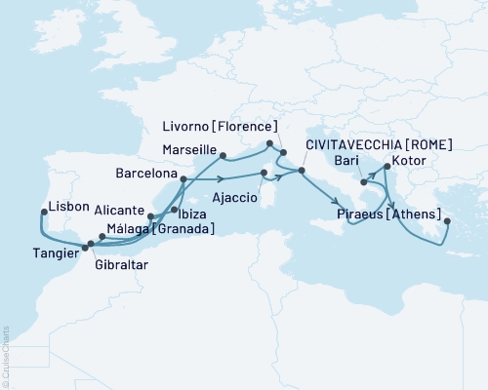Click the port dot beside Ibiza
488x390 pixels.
pos(174,210)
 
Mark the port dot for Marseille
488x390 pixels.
pos(224,154)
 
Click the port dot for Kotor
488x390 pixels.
pos(387,167)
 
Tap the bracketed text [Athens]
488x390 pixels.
pos(415,214)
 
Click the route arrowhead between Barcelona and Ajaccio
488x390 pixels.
pos(224,178)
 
